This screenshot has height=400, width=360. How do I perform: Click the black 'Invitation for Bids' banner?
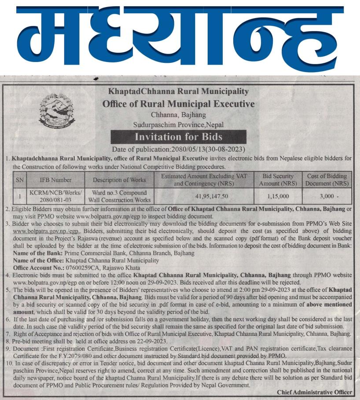[178, 137]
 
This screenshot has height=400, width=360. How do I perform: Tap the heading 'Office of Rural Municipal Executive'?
[178, 104]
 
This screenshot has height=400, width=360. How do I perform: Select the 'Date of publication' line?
[178, 149]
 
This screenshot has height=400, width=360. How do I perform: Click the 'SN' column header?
[20, 180]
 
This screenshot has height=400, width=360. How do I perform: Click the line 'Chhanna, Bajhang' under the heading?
[178, 115]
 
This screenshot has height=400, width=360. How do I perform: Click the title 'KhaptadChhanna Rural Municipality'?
[178, 92]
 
